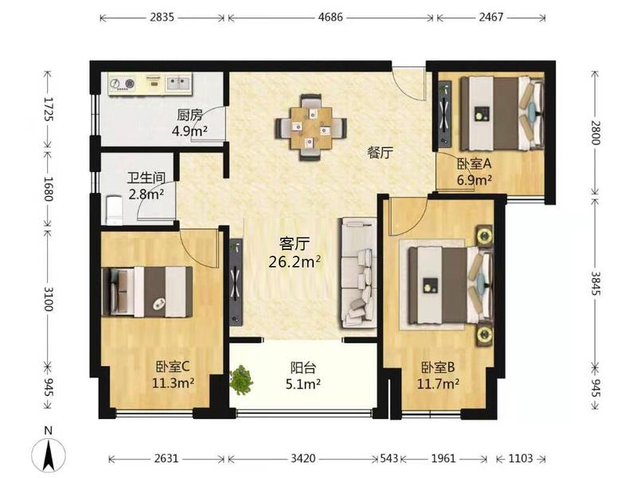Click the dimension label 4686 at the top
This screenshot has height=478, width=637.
point(330,18)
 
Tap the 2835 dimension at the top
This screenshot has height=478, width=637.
point(162,18)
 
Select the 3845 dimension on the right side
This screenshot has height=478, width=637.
point(595,284)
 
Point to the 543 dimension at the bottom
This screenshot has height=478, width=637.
point(389,459)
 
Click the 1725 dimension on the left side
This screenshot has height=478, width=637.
point(48,109)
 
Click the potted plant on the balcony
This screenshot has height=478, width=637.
point(241,380)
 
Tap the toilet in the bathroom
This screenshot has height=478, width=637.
point(114,210)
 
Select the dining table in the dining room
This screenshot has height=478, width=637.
point(311,127)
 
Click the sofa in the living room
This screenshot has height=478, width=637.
point(358,272)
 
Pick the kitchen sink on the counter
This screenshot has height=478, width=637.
point(178,84)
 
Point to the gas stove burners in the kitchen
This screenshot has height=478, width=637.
point(122,84)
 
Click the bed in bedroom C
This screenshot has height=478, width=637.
point(147,292)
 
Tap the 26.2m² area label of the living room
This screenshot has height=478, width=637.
point(295,262)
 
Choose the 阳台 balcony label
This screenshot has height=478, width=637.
point(303,368)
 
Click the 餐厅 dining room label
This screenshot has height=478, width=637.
point(380,153)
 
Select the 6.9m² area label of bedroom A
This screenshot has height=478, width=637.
point(475,180)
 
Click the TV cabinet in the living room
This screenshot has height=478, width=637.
point(236,282)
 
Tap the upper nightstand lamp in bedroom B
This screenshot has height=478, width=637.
point(484,235)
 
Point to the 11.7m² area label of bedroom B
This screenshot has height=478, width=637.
point(438,384)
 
